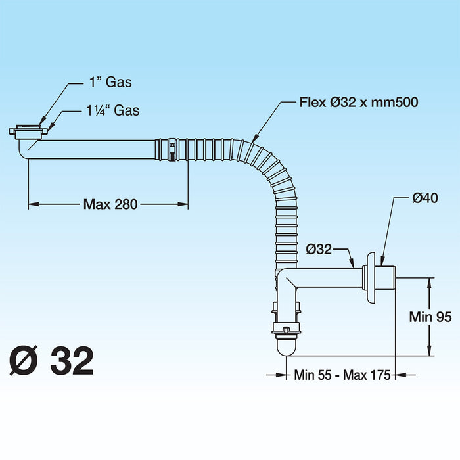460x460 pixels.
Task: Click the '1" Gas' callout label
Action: point(110,82)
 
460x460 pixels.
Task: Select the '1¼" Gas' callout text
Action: point(114,110)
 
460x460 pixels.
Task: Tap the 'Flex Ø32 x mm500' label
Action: point(359,102)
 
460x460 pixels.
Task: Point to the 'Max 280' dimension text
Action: point(110,204)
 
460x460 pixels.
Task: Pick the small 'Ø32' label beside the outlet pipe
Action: point(319,248)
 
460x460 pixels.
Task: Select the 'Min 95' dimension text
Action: point(430,317)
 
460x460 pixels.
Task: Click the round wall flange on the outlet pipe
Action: point(373,277)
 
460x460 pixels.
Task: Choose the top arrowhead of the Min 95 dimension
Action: point(430,282)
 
